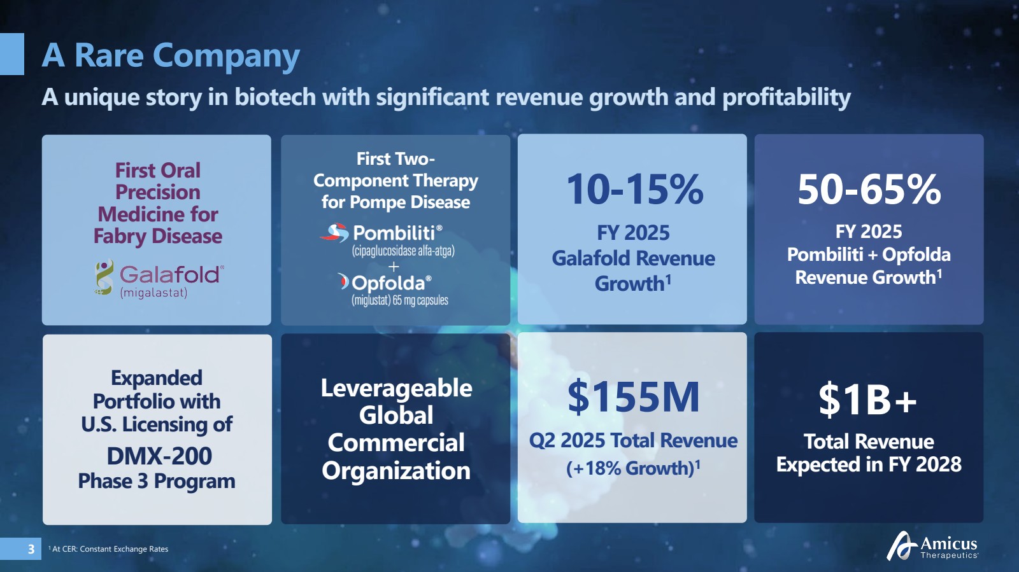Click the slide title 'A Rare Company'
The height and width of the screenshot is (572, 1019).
click(x=171, y=55)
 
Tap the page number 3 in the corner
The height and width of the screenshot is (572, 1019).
click(x=31, y=549)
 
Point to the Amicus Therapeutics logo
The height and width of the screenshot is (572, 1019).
click(x=932, y=545)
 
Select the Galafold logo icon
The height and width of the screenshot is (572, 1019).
click(x=104, y=277)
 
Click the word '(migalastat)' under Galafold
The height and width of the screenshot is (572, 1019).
click(x=153, y=293)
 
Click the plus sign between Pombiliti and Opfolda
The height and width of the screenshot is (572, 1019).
click(x=394, y=267)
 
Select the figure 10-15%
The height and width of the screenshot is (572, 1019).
click(x=634, y=189)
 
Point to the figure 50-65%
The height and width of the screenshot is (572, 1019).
click(x=869, y=189)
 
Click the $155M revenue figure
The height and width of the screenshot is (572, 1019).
click(x=633, y=397)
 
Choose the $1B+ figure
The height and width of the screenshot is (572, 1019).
click(x=867, y=399)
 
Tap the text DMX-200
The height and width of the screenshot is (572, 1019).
click(x=159, y=456)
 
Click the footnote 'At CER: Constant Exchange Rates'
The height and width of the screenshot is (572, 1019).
click(x=108, y=549)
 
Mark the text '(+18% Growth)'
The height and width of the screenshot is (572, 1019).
click(x=630, y=468)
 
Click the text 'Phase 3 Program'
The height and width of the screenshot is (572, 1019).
click(x=157, y=481)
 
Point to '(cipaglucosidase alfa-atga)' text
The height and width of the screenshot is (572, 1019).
click(x=403, y=251)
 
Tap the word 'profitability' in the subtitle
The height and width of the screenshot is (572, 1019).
click(x=787, y=97)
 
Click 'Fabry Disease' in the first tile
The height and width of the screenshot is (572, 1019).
click(x=158, y=236)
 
